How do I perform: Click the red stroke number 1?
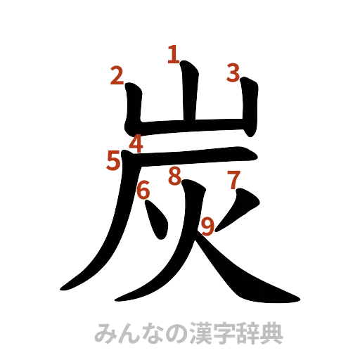tap(172, 54)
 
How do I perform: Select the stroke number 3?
tap(233, 72)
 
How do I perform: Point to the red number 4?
tap(136, 143)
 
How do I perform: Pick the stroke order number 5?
tap(113, 161)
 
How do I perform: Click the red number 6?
tap(143, 190)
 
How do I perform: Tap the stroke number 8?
tap(174, 176)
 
